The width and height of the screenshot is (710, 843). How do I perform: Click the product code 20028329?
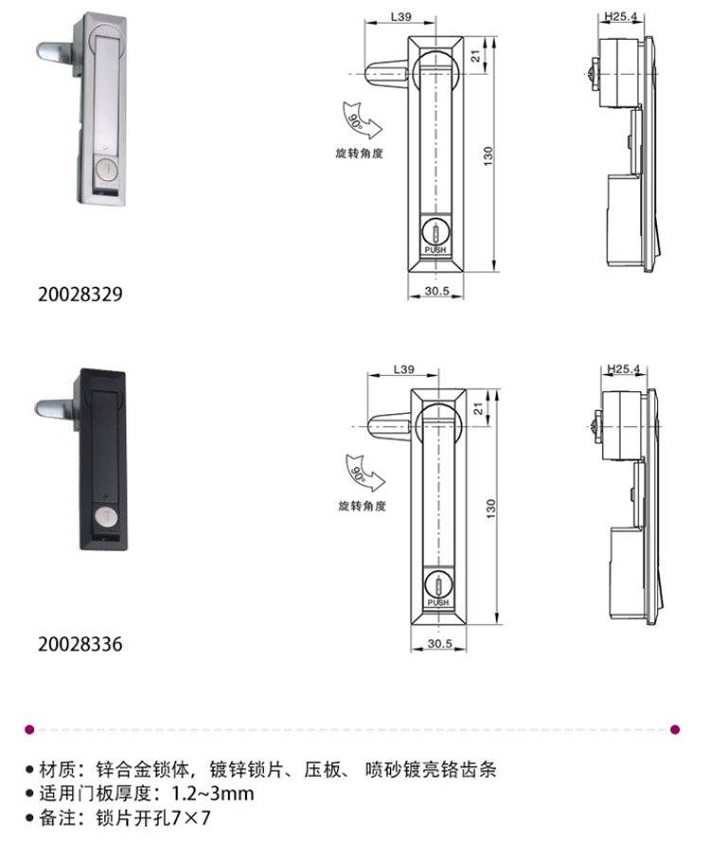point(80,294)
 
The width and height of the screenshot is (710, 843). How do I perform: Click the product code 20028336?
point(80,643)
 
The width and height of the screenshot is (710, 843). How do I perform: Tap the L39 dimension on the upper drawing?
point(400,17)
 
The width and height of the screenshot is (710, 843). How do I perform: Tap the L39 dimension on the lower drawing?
point(403,369)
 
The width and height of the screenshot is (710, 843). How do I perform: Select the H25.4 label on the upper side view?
point(621,16)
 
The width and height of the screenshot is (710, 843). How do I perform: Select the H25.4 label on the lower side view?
point(624,368)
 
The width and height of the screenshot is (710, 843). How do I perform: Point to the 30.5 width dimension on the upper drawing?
point(436,291)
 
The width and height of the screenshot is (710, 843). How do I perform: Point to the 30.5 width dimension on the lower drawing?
point(439,643)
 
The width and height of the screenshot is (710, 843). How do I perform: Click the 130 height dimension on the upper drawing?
point(488,156)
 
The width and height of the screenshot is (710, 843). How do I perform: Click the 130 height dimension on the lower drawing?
point(490,509)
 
